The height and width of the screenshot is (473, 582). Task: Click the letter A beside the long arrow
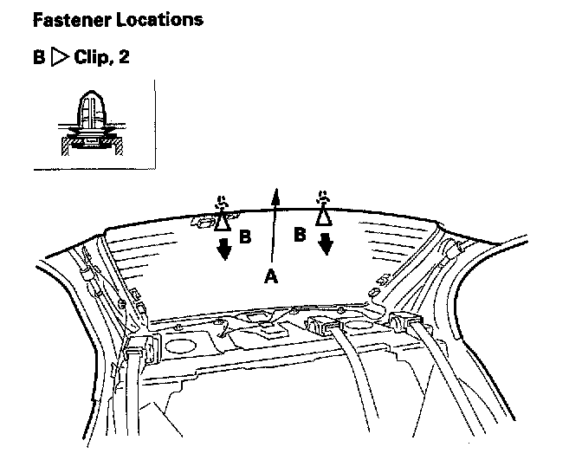point(271,275)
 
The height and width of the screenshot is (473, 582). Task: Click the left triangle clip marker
point(223,220)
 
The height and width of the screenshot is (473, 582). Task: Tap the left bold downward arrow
point(224,249)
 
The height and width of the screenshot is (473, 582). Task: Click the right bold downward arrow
point(326,245)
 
